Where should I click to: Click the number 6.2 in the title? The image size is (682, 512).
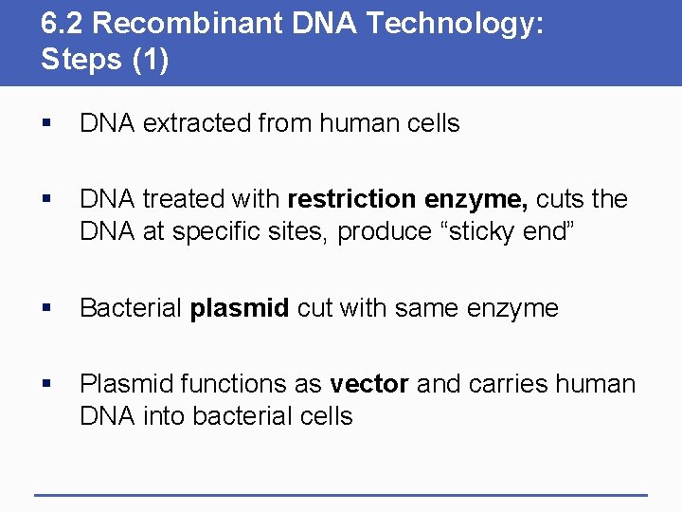pos(60,24)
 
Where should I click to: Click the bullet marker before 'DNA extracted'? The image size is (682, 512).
pos(47,124)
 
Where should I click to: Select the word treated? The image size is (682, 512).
pos(177,199)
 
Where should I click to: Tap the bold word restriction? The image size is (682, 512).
pos(351,199)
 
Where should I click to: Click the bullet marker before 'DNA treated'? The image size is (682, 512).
pos(47,200)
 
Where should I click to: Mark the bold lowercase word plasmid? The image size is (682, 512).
pos(240,308)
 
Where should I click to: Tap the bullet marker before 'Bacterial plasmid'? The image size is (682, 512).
pos(47,309)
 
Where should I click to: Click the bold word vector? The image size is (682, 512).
pos(368,384)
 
